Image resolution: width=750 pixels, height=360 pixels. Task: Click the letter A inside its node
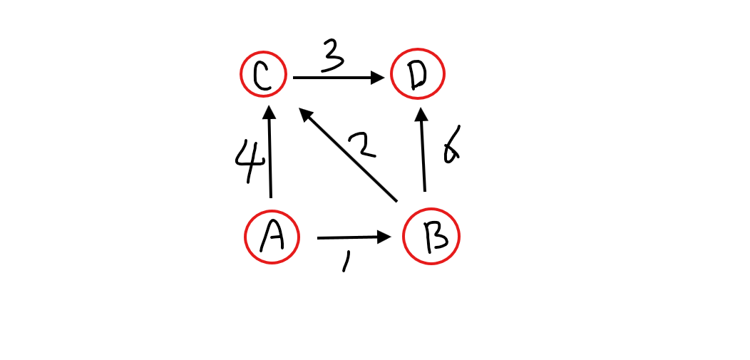pos(272,237)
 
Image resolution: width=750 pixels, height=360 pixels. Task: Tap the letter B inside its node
pos(431,237)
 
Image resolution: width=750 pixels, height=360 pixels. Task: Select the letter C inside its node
pos(263,76)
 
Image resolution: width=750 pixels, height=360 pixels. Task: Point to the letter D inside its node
pos(418,76)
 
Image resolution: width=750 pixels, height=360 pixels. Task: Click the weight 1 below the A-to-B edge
pos(346,262)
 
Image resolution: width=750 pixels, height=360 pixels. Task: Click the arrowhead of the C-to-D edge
pos(377,78)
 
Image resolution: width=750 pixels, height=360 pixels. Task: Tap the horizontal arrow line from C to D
pos(332,78)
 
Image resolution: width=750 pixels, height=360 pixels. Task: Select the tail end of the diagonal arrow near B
pos(395,199)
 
